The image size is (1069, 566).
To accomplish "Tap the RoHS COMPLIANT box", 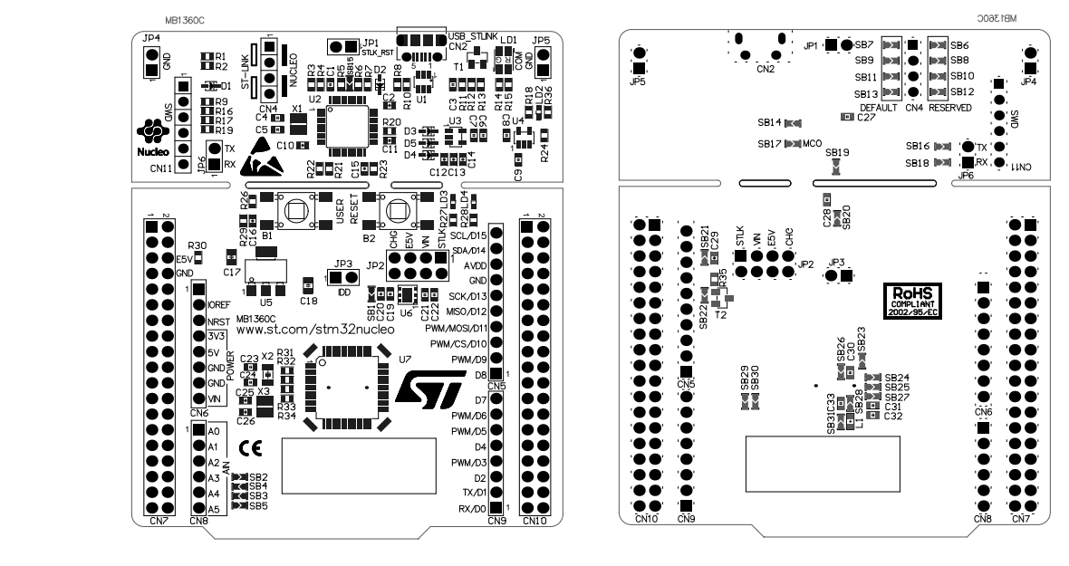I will (x=914, y=297).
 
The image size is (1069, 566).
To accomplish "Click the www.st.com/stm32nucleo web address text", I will (x=285, y=331).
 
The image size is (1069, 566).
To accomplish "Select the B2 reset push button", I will (x=397, y=212).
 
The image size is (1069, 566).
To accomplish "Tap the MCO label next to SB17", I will (x=812, y=143).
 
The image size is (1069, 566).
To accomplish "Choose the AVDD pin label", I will (x=474, y=265).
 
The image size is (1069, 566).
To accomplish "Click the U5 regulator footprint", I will (x=265, y=274).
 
